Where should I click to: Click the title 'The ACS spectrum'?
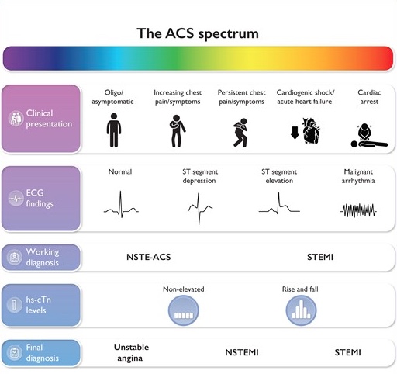(x=198, y=33)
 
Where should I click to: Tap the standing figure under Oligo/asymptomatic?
(x=114, y=130)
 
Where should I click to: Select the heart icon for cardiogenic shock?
(x=311, y=130)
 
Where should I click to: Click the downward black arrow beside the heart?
(x=295, y=133)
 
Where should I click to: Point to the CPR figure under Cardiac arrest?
(x=369, y=136)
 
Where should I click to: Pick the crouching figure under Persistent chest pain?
(x=240, y=133)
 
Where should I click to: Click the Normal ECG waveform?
(x=121, y=204)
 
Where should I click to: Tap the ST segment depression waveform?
(x=200, y=209)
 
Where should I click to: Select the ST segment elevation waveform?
(x=279, y=203)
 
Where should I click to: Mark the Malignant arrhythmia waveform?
(x=358, y=210)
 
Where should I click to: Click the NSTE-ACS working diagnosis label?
(x=149, y=257)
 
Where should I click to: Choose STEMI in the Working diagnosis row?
(x=320, y=257)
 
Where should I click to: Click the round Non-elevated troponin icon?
(x=184, y=310)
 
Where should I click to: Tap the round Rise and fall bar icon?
(x=301, y=310)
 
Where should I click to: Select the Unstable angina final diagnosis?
(x=131, y=352)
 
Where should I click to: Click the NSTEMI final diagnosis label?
(x=242, y=352)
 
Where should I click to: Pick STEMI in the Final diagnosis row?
(x=347, y=352)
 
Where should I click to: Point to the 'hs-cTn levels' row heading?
(x=38, y=305)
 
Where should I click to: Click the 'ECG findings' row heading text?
(x=40, y=198)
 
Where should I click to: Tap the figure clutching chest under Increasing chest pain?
(x=177, y=131)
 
